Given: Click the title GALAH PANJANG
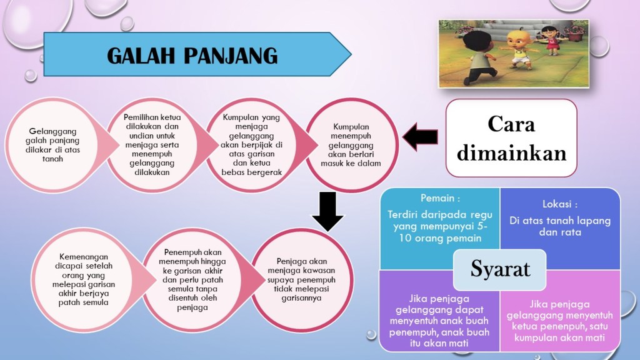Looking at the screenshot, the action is pyautogui.click(x=192, y=56).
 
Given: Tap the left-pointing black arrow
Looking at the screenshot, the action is pyautogui.click(x=420, y=137).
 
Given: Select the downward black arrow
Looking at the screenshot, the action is pyautogui.click(x=327, y=211).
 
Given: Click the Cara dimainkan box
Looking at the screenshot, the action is pyautogui.click(x=511, y=138).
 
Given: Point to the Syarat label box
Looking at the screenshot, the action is pyautogui.click(x=499, y=269).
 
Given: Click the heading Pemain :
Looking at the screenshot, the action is pyautogui.click(x=440, y=198).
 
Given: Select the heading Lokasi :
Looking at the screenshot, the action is pyautogui.click(x=559, y=204).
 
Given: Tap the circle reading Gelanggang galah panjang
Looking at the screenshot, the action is pyautogui.click(x=52, y=145).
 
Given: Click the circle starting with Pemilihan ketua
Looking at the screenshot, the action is pyautogui.click(x=152, y=145).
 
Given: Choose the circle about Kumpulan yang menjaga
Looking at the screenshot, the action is pyautogui.click(x=251, y=145).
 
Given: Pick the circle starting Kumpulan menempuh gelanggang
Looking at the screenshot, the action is pyautogui.click(x=351, y=145).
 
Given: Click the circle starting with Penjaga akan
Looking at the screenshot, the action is pyautogui.click(x=302, y=279).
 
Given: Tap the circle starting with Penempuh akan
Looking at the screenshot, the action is pyautogui.click(x=192, y=279).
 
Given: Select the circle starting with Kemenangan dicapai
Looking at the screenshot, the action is pyautogui.click(x=83, y=279).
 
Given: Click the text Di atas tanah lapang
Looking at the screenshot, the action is pyautogui.click(x=559, y=221).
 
